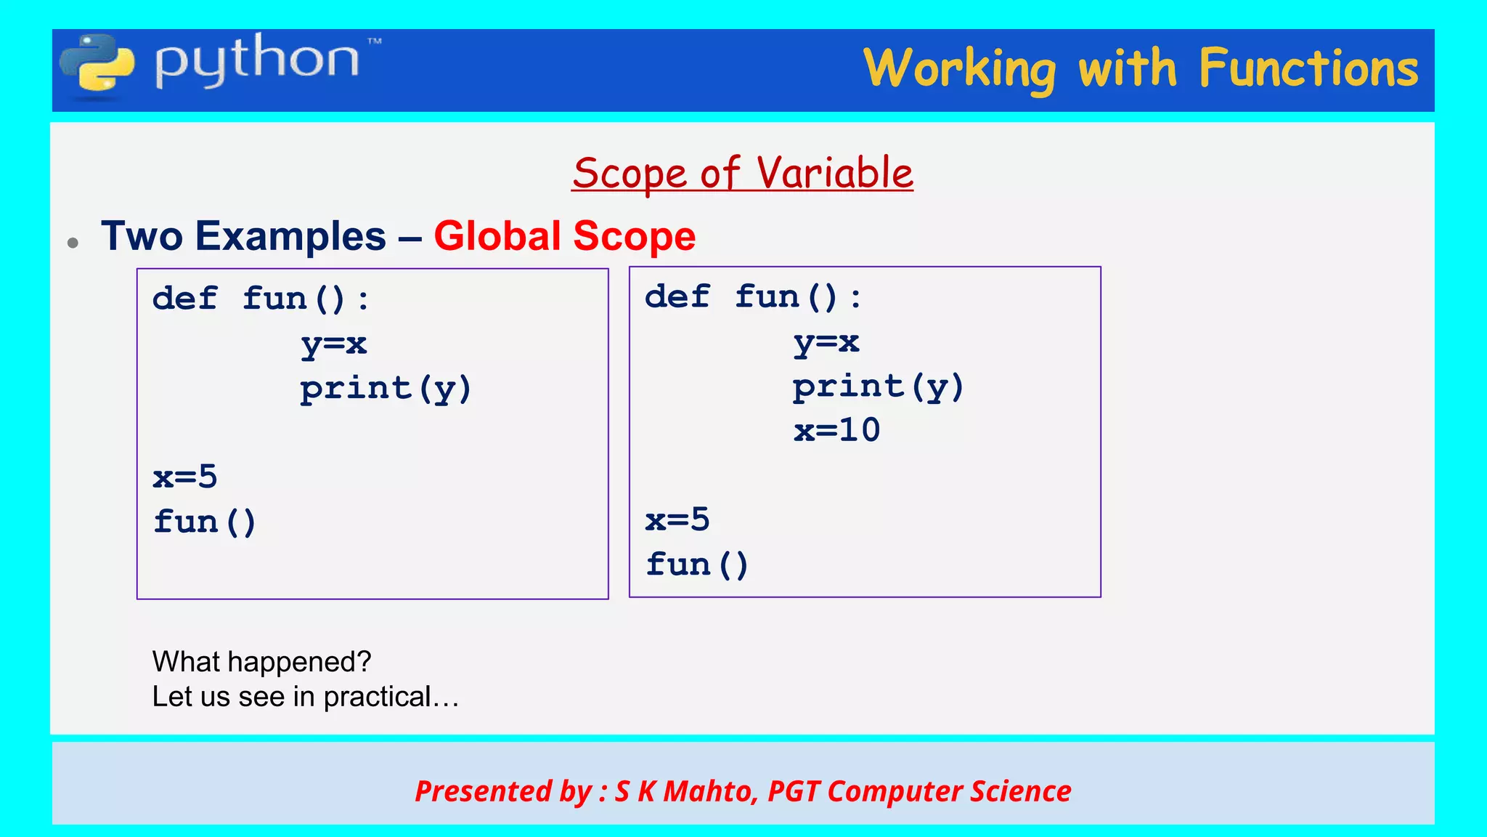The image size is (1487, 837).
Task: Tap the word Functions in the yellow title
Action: [x=1308, y=68]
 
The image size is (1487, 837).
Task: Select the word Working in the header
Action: [x=959, y=70]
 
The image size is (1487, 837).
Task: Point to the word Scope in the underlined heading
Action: [x=630, y=174]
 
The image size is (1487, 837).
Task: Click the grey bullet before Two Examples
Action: [x=73, y=243]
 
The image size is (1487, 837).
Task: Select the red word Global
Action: [x=497, y=236]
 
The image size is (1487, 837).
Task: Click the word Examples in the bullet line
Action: [x=290, y=236]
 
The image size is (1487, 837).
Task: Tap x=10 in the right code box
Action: [x=836, y=430]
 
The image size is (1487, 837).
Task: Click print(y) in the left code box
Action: [x=386, y=389]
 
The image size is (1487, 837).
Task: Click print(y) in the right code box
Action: [x=878, y=387]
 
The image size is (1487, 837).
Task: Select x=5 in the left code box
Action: [x=184, y=477]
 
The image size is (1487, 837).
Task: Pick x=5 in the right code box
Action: [x=677, y=520]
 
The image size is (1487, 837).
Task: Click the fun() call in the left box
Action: [x=204, y=522]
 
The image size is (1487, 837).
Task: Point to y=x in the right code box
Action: [x=826, y=342]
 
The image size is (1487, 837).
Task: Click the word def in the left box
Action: [x=184, y=299]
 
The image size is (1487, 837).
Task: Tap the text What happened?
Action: [x=261, y=662]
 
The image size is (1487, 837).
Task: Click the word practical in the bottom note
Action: [x=377, y=697]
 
